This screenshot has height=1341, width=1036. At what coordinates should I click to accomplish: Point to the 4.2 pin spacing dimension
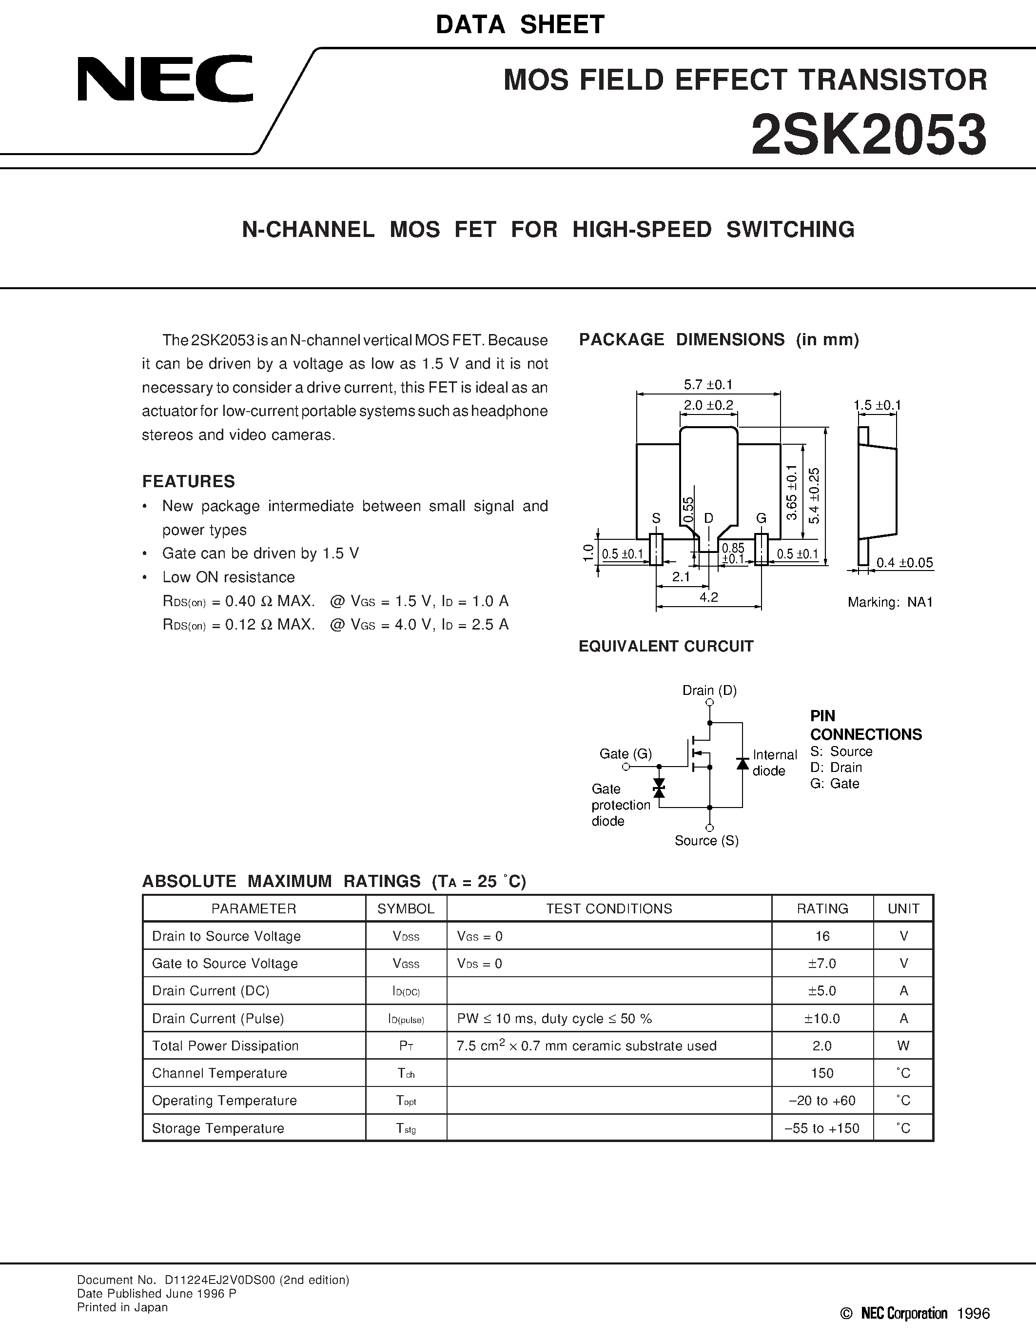click(x=708, y=597)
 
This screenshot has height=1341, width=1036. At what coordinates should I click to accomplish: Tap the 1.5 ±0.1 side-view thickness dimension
click(x=877, y=405)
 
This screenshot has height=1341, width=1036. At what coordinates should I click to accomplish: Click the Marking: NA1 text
click(x=890, y=602)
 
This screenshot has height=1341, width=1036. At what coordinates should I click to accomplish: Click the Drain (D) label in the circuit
click(x=709, y=690)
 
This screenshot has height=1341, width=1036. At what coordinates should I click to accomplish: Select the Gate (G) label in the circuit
click(x=626, y=753)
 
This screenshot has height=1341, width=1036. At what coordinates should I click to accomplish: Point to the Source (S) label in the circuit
click(x=706, y=841)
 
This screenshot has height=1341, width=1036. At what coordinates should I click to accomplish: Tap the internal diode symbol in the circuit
click(x=742, y=763)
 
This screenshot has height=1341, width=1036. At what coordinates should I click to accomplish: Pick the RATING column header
click(x=822, y=909)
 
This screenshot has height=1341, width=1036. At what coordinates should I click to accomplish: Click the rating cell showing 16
click(x=822, y=936)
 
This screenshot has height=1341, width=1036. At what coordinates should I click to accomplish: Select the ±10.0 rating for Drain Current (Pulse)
click(x=822, y=1019)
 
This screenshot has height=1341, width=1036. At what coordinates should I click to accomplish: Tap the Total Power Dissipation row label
click(x=225, y=1046)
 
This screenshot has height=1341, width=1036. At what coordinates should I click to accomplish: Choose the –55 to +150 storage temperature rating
click(x=823, y=1128)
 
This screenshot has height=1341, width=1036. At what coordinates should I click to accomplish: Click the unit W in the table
click(x=903, y=1046)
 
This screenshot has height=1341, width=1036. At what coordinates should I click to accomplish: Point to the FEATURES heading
click(x=188, y=481)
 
